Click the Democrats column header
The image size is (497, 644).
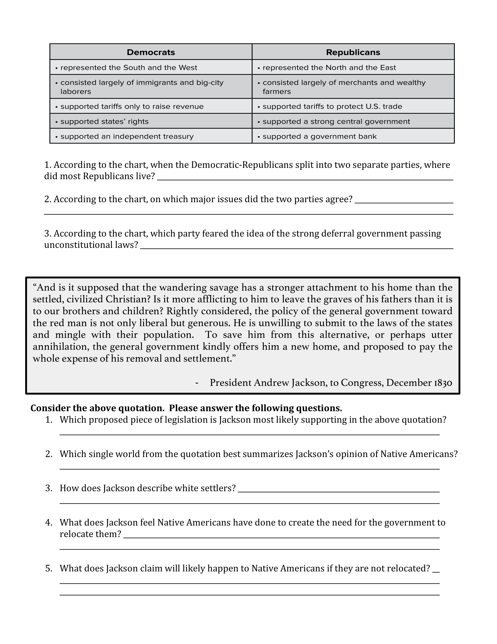(151, 52)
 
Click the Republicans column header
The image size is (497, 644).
(353, 52)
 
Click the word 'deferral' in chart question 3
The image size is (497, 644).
(338, 234)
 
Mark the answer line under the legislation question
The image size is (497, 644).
(249, 435)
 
